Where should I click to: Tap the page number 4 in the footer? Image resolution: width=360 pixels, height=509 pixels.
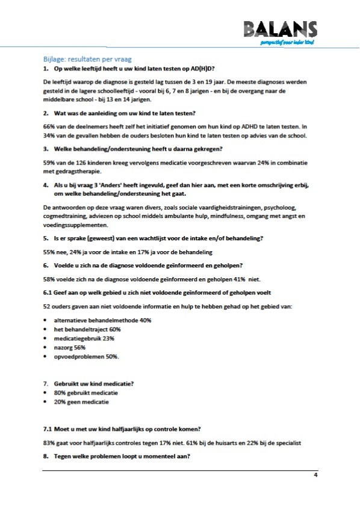[x=315, y=475]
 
